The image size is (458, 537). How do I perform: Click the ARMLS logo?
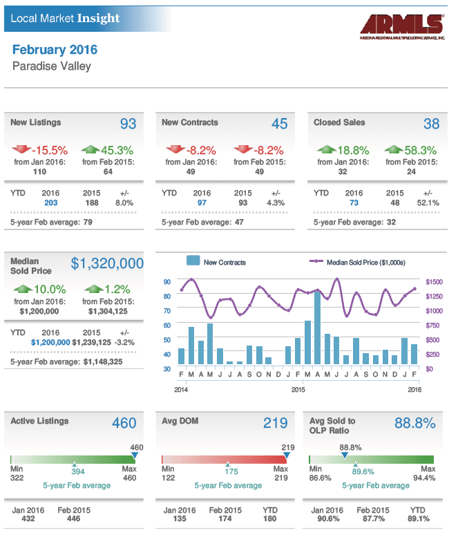pyautogui.click(x=402, y=27)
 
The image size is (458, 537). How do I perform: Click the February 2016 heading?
pyautogui.click(x=55, y=50)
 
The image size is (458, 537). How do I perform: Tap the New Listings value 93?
pyautogui.click(x=128, y=124)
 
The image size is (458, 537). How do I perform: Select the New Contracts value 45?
pyautogui.click(x=279, y=124)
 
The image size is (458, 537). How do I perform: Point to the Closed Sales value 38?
pyautogui.click(x=431, y=124)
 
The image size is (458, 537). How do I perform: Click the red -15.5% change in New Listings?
pyautogui.click(x=50, y=151)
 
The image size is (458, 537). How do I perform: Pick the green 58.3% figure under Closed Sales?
pyautogui.click(x=420, y=151)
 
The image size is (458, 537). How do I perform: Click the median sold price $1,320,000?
pyautogui.click(x=107, y=263)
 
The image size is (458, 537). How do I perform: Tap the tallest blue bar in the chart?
pyautogui.click(x=318, y=328)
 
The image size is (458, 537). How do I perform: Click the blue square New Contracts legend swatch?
pyautogui.click(x=193, y=261)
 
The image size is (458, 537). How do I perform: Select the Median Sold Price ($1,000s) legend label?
pyautogui.click(x=366, y=263)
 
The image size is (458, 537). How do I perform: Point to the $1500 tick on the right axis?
pyautogui.click(x=434, y=282)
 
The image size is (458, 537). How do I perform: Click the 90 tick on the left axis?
pyautogui.click(x=167, y=282)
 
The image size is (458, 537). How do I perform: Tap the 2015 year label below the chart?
pyautogui.click(x=298, y=390)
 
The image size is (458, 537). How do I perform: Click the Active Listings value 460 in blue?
pyautogui.click(x=124, y=423)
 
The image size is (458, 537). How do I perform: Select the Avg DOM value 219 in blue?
pyautogui.click(x=275, y=423)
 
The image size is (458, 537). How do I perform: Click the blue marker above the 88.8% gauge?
pyautogui.click(x=345, y=455)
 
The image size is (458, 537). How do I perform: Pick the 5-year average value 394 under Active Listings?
pyautogui.click(x=77, y=471)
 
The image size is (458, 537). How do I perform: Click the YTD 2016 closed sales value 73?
pyautogui.click(x=354, y=202)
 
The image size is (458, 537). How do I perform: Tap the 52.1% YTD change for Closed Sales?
pyautogui.click(x=428, y=202)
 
